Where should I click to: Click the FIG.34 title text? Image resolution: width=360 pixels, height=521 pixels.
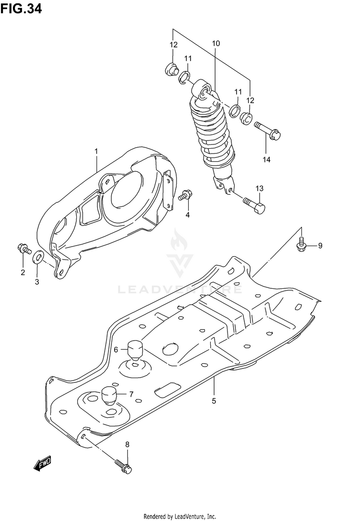[21, 8]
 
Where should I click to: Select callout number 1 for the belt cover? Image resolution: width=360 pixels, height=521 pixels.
[96, 151]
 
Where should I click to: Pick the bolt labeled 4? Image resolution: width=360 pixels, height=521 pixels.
[184, 195]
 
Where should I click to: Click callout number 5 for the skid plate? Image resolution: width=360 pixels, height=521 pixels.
[214, 400]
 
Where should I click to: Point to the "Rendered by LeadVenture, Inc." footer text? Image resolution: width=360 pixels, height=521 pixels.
[180, 516]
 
